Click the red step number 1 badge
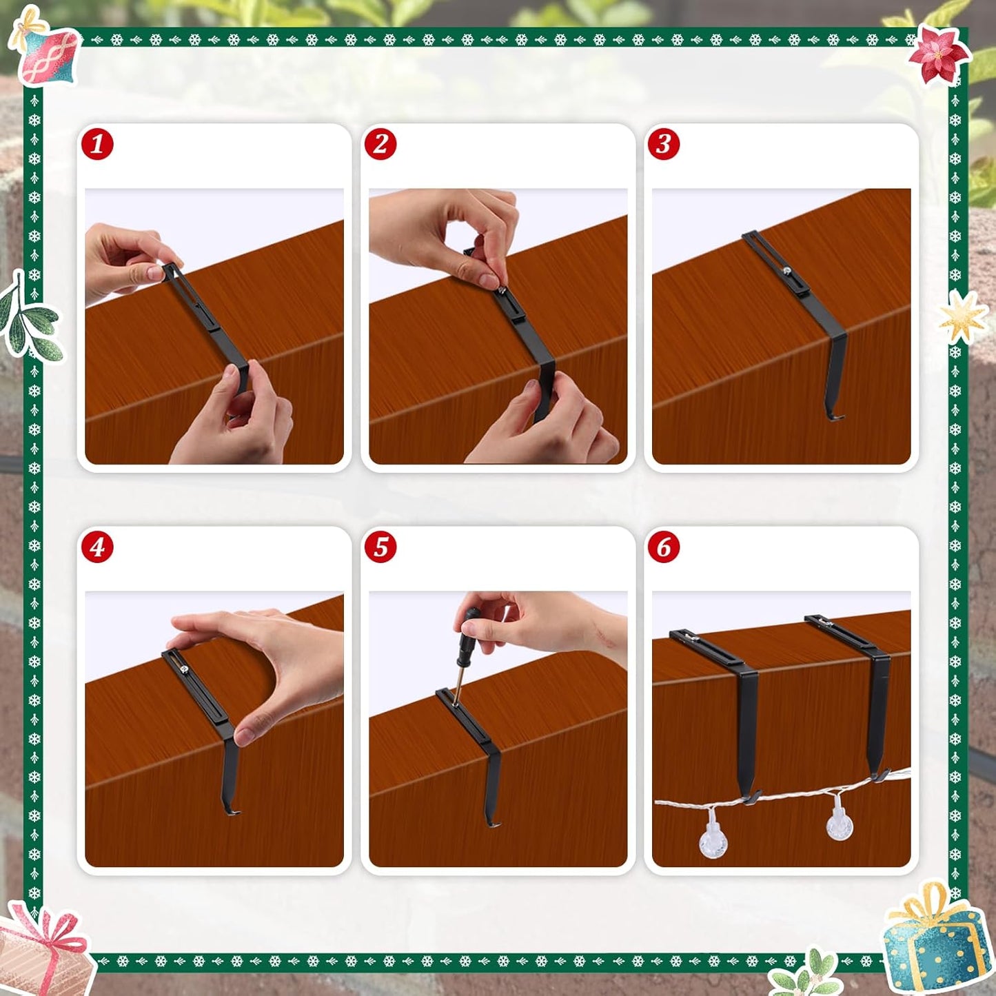point(97,144)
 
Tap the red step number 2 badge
point(380,144)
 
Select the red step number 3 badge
point(664,144)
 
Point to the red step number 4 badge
point(97,547)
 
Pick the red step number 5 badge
point(380,547)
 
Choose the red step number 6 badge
point(664,547)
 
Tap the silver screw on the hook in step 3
point(786,270)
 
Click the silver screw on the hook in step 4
point(185,671)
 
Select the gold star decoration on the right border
point(962,317)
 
